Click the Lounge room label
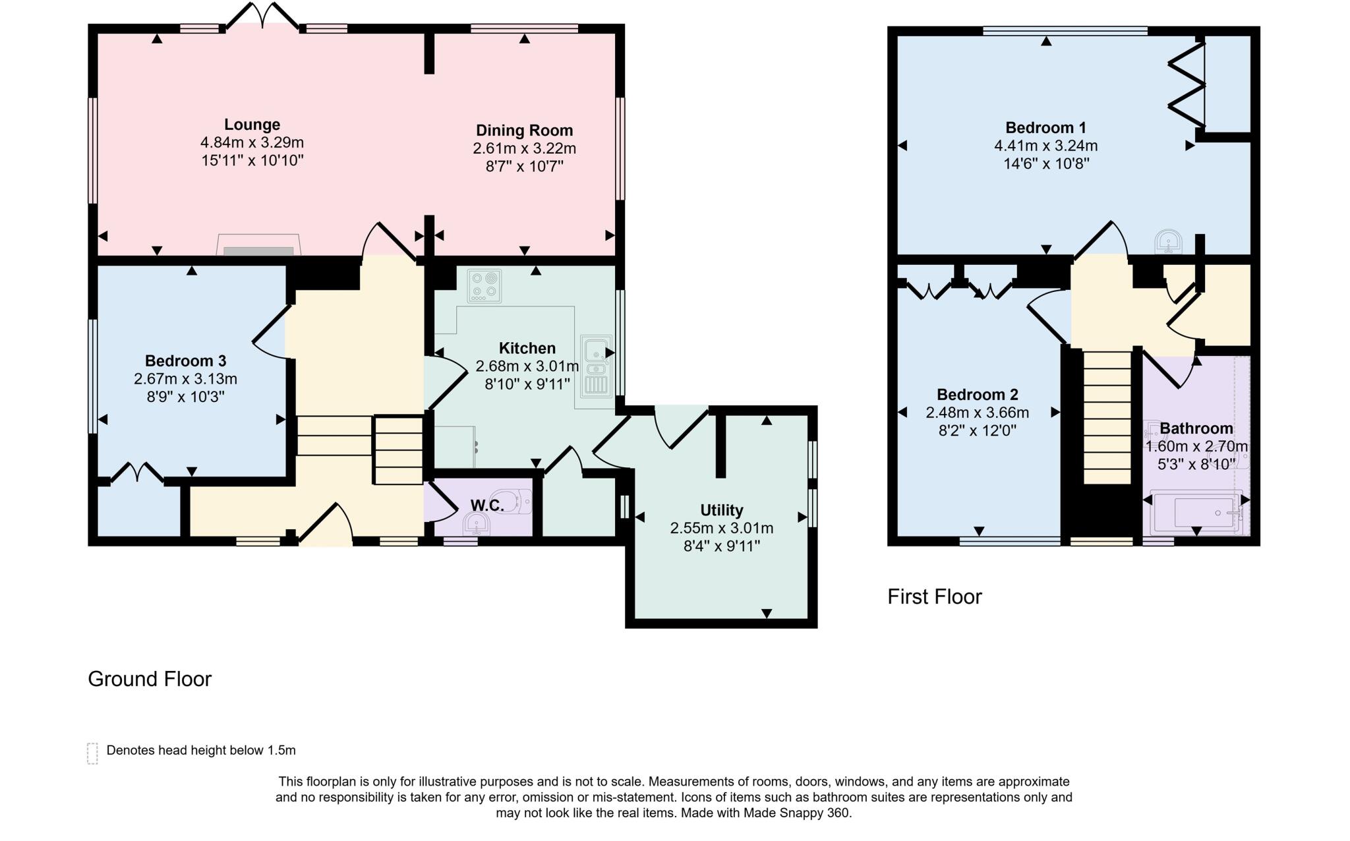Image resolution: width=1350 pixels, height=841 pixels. pyautogui.click(x=252, y=125)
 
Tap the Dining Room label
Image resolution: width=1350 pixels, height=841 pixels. pyautogui.click(x=524, y=130)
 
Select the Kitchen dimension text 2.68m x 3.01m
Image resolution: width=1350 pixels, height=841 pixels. pyautogui.click(x=527, y=366)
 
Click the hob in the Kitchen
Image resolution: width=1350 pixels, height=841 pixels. pyautogui.click(x=484, y=286)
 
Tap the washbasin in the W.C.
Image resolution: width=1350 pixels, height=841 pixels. pyautogui.click(x=475, y=525)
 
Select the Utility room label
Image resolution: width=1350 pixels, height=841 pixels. pyautogui.click(x=721, y=510)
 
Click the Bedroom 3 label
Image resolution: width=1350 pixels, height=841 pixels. pyautogui.click(x=185, y=361)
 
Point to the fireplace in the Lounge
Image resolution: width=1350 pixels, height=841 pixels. pyautogui.click(x=258, y=245)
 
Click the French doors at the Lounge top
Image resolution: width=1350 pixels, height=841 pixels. pyautogui.click(x=262, y=16)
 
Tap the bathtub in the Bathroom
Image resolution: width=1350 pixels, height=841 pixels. pyautogui.click(x=1196, y=513)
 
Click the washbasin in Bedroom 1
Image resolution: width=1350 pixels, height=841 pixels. pyautogui.click(x=1169, y=242)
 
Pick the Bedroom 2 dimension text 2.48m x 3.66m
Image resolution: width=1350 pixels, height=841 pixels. pyautogui.click(x=977, y=413)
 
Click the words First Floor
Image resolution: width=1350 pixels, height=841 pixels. pyautogui.click(x=934, y=597)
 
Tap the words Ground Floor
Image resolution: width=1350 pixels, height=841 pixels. pyautogui.click(x=150, y=680)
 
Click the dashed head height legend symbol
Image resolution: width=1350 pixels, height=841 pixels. pyautogui.click(x=92, y=753)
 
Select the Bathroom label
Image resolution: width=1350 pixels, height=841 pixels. pyautogui.click(x=1196, y=428)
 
